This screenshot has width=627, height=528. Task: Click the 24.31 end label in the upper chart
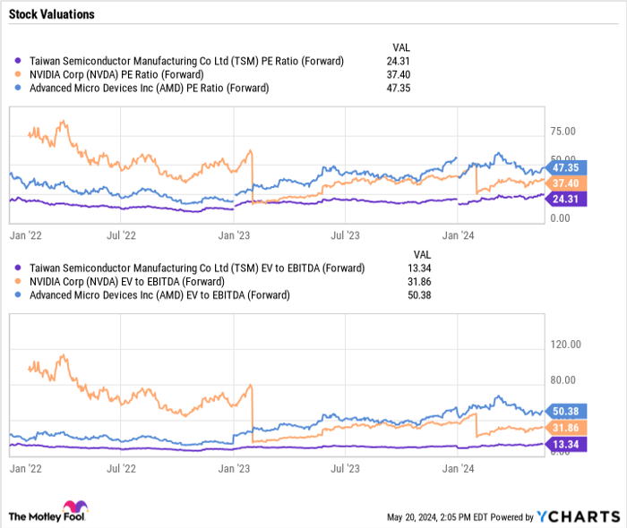point(564,200)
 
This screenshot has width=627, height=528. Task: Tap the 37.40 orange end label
point(564,183)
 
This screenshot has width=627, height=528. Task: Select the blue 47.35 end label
point(564,167)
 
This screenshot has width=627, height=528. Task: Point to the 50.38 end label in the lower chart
point(564,411)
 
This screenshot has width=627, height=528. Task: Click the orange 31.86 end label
point(564,427)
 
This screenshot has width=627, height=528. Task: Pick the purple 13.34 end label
point(564,443)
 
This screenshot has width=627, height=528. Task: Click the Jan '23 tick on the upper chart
point(235,236)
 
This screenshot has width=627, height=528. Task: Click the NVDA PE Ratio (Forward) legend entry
point(116,74)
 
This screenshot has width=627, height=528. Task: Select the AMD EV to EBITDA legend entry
point(159,294)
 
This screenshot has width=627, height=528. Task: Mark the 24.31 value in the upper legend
point(404,61)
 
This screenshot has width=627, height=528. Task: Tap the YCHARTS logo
point(578,516)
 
